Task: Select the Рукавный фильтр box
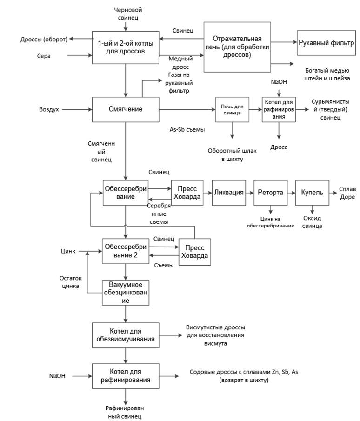click(x=327, y=42)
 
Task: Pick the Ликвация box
click(x=228, y=193)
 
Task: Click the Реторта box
click(x=271, y=193)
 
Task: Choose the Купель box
click(x=312, y=193)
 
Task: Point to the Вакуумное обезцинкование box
click(x=125, y=293)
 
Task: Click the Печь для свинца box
click(x=232, y=110)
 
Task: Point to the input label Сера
click(x=44, y=56)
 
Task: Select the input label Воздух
click(x=49, y=110)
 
